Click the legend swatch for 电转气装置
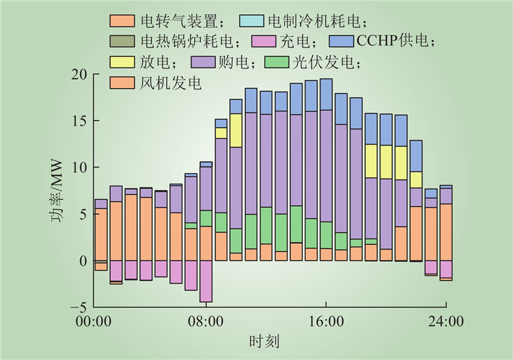pos(122,21)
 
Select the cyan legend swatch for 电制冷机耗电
pos(251,21)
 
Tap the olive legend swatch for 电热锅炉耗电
pos(122,41)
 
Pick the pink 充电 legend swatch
pos(264,41)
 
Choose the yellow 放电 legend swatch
pos(122,62)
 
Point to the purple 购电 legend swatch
pos(203,62)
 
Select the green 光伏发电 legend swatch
pos(277,62)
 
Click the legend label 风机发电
pos(170,83)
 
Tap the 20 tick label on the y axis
pos(80,74)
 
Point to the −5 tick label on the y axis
pos(79,307)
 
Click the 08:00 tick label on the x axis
pos(205,321)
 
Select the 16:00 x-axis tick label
pos(326,321)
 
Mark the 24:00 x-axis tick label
pos(446,321)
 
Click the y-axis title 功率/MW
pos(56,191)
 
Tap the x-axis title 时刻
pos(264,341)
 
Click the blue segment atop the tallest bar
pos(326,94)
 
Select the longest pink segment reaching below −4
pos(206,281)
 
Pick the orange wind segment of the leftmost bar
pos(101,234)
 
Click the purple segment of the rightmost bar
pos(446,196)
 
